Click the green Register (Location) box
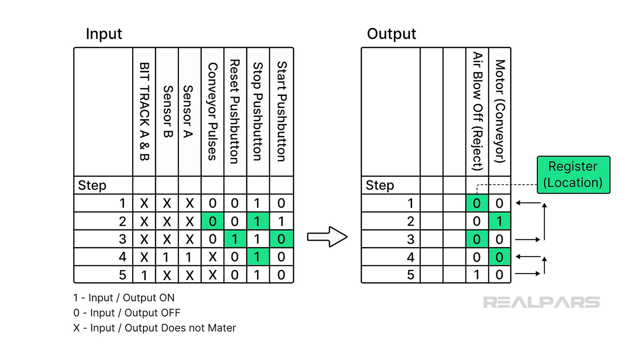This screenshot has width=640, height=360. click(x=573, y=175)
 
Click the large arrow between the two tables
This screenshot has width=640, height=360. click(x=327, y=237)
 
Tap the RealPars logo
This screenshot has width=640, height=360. click(x=541, y=302)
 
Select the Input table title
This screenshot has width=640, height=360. click(x=104, y=34)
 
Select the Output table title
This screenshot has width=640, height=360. click(x=391, y=34)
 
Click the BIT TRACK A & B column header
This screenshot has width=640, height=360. click(x=144, y=112)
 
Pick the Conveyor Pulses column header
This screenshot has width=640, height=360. click(x=213, y=112)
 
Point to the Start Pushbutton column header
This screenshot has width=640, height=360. click(x=282, y=112)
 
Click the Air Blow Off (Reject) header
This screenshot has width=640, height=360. click(x=477, y=112)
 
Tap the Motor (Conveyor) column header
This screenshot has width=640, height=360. click(x=500, y=112)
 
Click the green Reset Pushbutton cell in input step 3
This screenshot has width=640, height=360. click(x=235, y=239)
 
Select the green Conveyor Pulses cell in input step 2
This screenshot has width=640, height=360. click(x=213, y=221)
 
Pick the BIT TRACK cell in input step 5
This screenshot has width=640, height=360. click(x=144, y=275)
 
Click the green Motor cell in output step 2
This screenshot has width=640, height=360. click(x=499, y=221)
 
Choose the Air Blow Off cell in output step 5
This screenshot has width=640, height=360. click(x=477, y=275)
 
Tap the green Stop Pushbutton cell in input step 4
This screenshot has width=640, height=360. click(x=257, y=257)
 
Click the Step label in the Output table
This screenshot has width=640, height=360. click(x=380, y=185)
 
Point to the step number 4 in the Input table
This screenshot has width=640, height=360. click(x=122, y=257)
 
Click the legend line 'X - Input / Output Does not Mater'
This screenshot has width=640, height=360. click(x=154, y=328)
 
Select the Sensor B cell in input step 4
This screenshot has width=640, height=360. click(x=167, y=257)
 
